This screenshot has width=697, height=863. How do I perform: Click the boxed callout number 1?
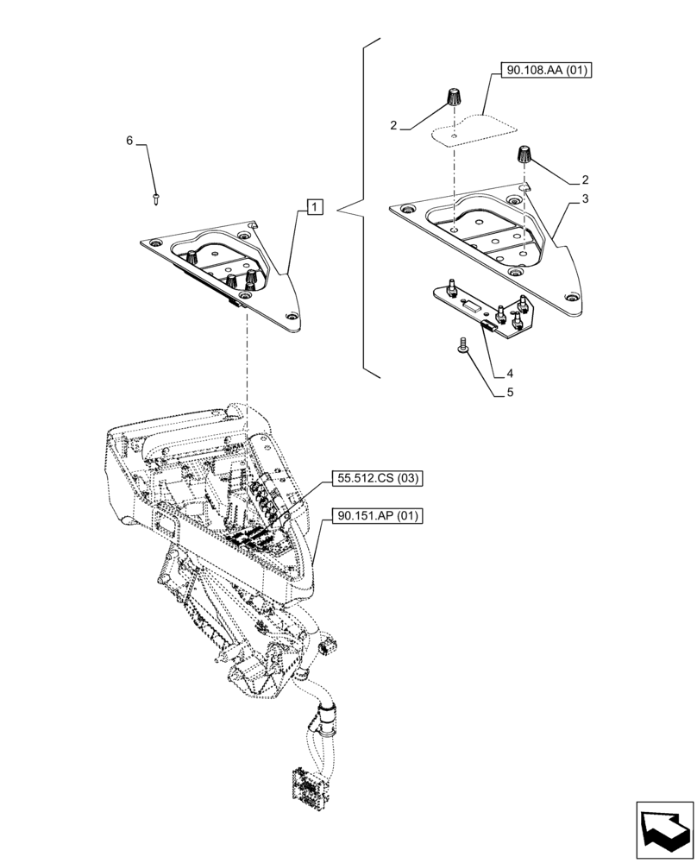[315, 206]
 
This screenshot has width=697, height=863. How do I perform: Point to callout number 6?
[130, 141]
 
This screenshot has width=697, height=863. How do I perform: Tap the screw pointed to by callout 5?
[462, 346]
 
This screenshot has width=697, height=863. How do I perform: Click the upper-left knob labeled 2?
[452, 98]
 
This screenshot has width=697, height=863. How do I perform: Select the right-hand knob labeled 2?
[524, 156]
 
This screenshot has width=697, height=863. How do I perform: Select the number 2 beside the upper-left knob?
[393, 125]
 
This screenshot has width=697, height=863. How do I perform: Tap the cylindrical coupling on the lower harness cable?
[326, 715]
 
